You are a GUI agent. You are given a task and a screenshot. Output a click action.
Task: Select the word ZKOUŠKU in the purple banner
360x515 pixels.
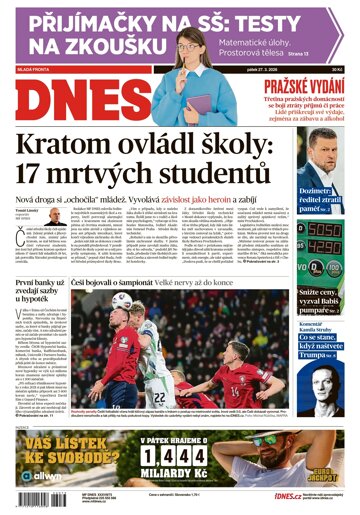[91, 45]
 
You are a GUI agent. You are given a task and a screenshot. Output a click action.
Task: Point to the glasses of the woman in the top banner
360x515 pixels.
[189, 43]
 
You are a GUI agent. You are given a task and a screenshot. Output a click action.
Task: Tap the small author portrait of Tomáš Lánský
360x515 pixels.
[51, 216]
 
